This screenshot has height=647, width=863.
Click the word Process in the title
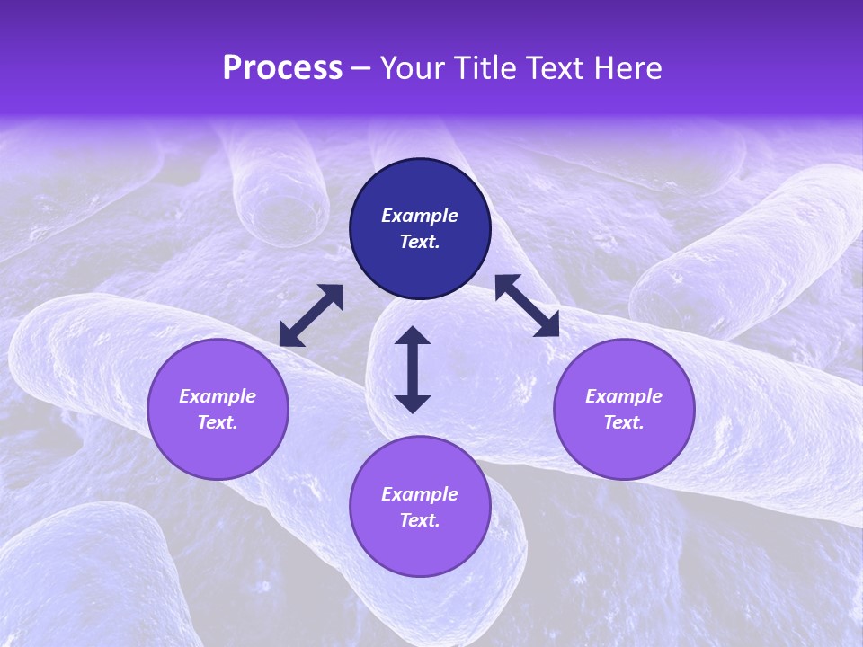[282, 68]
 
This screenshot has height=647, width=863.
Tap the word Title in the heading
[486, 68]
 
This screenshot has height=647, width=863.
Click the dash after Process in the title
[360, 70]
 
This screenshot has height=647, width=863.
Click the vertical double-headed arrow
[413, 369]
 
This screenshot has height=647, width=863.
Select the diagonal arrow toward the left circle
[311, 315]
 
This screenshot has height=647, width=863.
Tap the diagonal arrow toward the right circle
[527, 306]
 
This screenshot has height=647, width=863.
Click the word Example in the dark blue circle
[420, 216]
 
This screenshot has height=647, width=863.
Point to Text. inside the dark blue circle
[420, 242]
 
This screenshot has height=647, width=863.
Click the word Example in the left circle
[218, 396]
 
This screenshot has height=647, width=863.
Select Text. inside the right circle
[624, 422]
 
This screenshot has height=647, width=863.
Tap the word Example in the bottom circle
[420, 494]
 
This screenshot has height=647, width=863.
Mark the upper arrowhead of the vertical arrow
[413, 336]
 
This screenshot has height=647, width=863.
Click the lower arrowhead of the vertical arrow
[413, 403]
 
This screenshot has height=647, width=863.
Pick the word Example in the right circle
[624, 396]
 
